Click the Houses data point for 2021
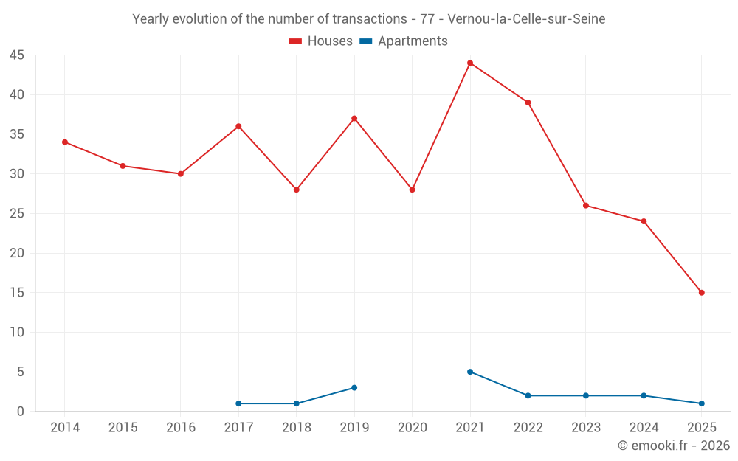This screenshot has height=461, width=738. coord(470,63)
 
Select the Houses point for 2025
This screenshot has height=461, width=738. coord(701,293)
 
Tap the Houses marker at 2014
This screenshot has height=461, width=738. coord(65,142)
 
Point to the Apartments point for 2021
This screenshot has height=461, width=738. coord(470,372)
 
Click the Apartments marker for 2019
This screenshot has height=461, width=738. coord(354,387)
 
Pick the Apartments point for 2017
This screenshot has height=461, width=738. coord(238,403)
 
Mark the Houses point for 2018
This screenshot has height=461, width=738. coord(297,190)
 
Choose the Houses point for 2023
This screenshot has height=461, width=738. coord(586,206)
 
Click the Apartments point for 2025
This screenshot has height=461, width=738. coord(701,403)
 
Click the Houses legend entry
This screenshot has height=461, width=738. coord(321,41)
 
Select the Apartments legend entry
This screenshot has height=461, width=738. coord(404,41)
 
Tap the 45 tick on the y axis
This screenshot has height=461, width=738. coord(18,55)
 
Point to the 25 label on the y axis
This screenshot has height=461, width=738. coord(18,214)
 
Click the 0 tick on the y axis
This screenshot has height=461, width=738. coord(21,412)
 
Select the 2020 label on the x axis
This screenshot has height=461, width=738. coord(412,428)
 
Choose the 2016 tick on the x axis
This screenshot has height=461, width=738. coord(181,428)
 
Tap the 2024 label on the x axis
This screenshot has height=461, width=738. coord(644,428)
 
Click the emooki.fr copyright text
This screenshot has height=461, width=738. coord(673,446)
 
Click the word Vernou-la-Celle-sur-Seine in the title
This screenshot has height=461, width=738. coord(526,19)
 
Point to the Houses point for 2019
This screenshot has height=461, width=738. coord(354,119)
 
